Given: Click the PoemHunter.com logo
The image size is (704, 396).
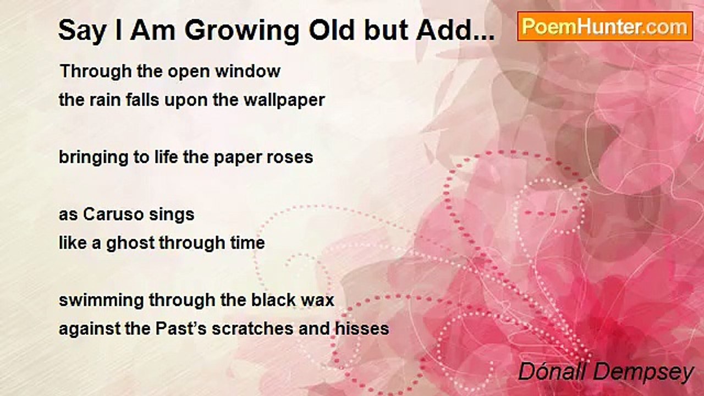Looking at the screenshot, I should coord(605,26).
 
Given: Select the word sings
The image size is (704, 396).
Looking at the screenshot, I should coord(172,215).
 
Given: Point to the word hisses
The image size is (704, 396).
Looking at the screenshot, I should coord(362,329).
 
